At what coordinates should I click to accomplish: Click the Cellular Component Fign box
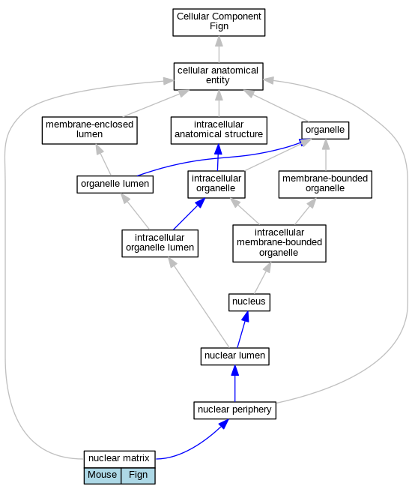tap(219, 22)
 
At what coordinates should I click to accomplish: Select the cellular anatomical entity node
tap(219, 76)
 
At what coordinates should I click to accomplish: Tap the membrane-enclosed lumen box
tap(90, 130)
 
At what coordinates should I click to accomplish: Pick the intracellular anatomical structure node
tap(219, 130)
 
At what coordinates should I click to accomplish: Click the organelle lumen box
tap(115, 184)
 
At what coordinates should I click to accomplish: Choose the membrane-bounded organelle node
tap(325, 184)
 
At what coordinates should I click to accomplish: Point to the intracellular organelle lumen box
tap(160, 244)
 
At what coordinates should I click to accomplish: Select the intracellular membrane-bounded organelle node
tap(279, 244)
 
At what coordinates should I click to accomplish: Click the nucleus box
tap(249, 302)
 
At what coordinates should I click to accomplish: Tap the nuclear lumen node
tap(234, 356)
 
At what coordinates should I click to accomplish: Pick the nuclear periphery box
tap(234, 410)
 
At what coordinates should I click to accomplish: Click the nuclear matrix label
tap(119, 459)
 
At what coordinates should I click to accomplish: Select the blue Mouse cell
tap(102, 475)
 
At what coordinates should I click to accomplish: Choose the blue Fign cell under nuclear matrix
tap(138, 475)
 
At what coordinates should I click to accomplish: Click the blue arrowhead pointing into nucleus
tap(246, 316)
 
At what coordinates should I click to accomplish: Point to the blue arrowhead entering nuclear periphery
tap(223, 424)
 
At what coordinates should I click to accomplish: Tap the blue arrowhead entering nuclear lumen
tap(235, 370)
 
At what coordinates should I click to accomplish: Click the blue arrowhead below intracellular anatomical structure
tap(219, 150)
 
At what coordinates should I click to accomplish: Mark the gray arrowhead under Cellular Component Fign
tap(219, 41)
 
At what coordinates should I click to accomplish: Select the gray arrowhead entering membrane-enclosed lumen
tap(99, 149)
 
